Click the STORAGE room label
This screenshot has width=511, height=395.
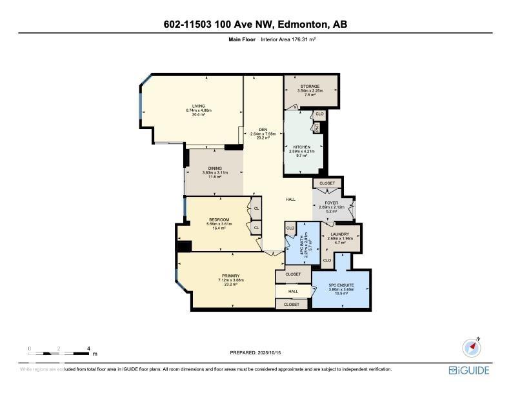pyautogui.click(x=310, y=86)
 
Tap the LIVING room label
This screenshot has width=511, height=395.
pyautogui.click(x=199, y=106)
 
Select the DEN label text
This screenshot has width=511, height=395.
pyautogui.click(x=263, y=129)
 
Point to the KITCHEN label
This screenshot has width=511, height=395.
pyautogui.click(x=302, y=147)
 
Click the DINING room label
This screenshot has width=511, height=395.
pyautogui.click(x=215, y=168)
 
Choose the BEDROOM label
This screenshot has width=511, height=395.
pyautogui.click(x=219, y=220)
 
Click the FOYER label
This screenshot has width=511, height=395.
pyautogui.click(x=333, y=203)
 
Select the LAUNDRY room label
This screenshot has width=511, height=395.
pyautogui.click(x=339, y=234)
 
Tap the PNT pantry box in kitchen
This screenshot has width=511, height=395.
pyautogui.click(x=317, y=127)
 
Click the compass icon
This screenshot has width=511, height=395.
pyautogui.click(x=472, y=347)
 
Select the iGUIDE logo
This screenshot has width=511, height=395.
pyautogui.click(x=469, y=370)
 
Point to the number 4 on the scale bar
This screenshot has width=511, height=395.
pyautogui.click(x=88, y=349)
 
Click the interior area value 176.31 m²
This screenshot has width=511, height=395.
pyautogui.click(x=301, y=40)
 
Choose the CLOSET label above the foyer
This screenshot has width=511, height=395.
pyautogui.click(x=327, y=183)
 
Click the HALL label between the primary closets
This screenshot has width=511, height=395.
pyautogui.click(x=293, y=291)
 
